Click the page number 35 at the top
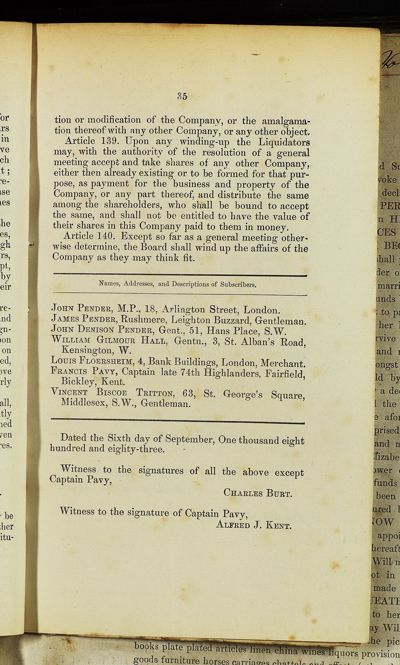click(182, 96)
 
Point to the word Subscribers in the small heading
click(238, 284)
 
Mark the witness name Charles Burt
click(257, 493)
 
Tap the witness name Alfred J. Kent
click(253, 525)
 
